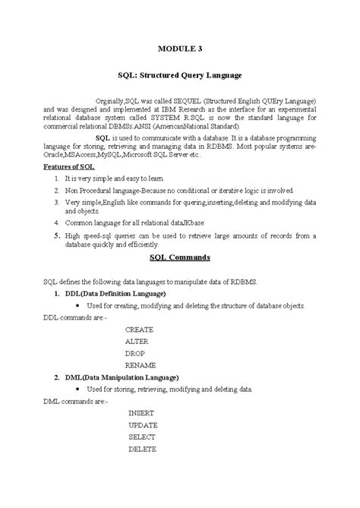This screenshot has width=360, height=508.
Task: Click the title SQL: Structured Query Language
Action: click(180, 75)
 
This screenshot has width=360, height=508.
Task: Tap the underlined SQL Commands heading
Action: click(179, 257)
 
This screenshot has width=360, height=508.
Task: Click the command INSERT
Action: click(141, 413)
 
